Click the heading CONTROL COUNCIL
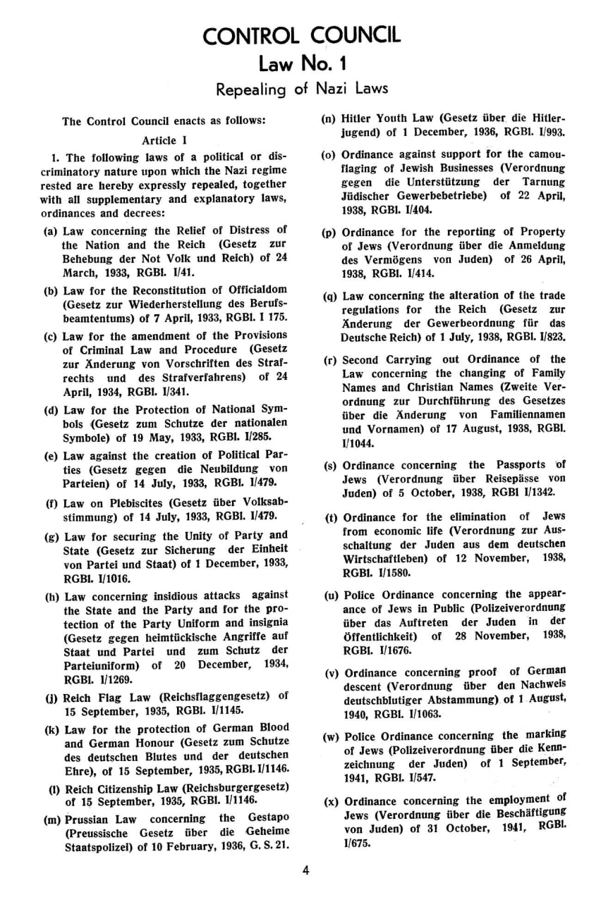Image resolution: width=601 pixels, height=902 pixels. click(300, 35)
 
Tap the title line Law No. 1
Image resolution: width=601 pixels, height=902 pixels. click(300, 65)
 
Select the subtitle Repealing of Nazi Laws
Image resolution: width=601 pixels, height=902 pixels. click(301, 89)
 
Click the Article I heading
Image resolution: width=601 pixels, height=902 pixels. click(164, 140)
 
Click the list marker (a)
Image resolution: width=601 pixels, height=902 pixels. click(51, 230)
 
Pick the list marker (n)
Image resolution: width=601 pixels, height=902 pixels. click(330, 118)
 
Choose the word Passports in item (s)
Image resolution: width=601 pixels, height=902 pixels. click(521, 465)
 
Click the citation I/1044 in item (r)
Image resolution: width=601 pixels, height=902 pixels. click(359, 444)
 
